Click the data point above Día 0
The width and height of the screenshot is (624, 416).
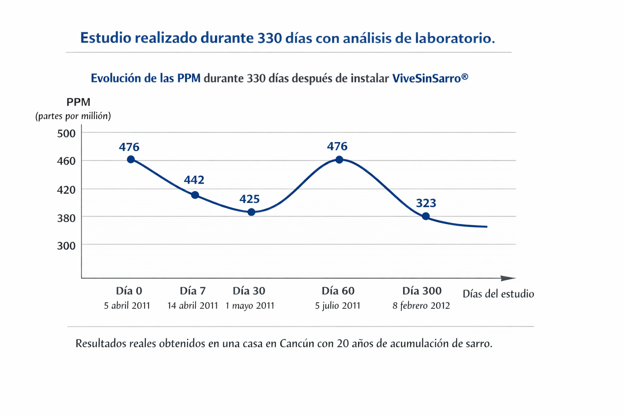tap(131, 160)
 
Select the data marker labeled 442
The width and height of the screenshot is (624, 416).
tap(195, 195)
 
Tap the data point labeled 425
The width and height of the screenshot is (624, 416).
tap(251, 212)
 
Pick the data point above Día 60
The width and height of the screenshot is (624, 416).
tap(339, 160)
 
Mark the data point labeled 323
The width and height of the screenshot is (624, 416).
tap(426, 217)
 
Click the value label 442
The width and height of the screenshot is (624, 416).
tap(194, 180)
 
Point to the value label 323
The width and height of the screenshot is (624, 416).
tap(426, 203)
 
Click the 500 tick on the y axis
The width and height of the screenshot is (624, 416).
tap(66, 133)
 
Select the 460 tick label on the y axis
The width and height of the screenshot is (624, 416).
tap(66, 161)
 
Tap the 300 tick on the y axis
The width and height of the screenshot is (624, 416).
tap(66, 246)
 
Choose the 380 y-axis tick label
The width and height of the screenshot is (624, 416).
tap(66, 218)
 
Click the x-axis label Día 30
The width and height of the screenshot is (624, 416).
tap(249, 291)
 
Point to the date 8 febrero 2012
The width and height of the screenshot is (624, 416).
tap(421, 306)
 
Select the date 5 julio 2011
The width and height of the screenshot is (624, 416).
tap(338, 306)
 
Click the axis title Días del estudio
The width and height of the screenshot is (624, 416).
tap(498, 294)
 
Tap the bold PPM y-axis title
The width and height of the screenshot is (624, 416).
tap(78, 102)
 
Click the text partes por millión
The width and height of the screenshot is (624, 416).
tap(73, 116)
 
